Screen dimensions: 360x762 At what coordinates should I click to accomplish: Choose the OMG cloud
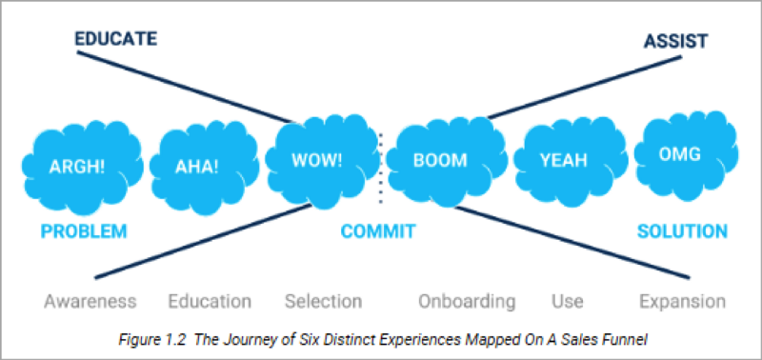678,153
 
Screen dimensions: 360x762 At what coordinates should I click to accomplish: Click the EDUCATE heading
115,39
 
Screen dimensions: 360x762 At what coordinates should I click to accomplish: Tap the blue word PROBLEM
83,231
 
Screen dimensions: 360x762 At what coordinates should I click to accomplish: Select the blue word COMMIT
378,231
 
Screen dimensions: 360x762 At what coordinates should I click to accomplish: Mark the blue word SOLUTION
682,231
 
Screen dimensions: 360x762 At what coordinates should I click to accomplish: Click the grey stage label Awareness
90,302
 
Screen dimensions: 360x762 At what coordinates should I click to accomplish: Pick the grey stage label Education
210,302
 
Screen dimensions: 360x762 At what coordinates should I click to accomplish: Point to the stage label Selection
323,302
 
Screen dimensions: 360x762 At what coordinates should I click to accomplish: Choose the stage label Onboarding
467,302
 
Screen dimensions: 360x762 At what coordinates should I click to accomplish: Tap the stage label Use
567,302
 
